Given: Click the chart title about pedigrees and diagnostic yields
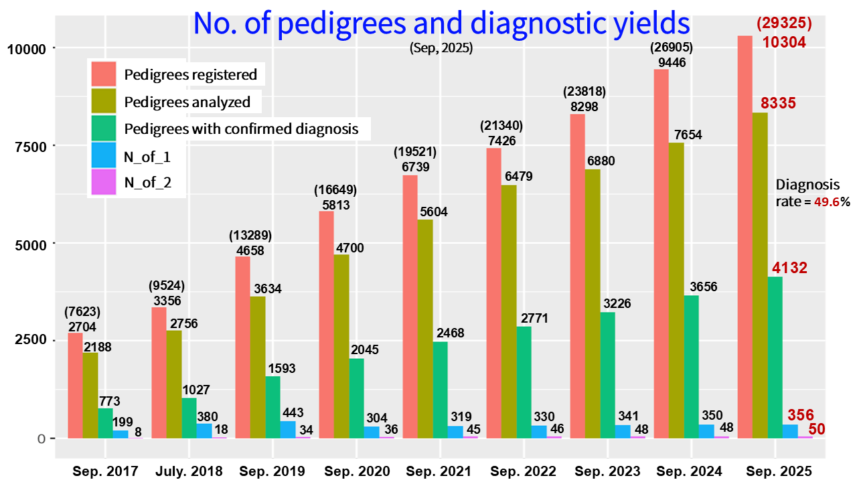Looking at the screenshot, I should pyautogui.click(x=441, y=23).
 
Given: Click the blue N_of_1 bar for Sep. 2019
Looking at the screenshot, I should pyautogui.click(x=288, y=429).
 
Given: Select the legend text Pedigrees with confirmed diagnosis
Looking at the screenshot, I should pyautogui.click(x=241, y=128).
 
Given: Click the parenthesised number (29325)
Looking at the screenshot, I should pyautogui.click(x=784, y=23).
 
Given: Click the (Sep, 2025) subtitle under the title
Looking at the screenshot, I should pyautogui.click(x=441, y=48).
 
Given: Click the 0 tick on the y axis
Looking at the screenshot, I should pyautogui.click(x=42, y=438).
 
